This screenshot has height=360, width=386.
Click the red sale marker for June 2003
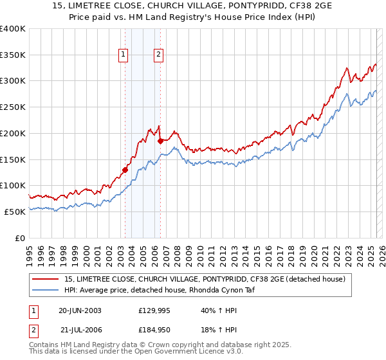point(125,170)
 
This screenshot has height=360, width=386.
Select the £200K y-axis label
point(13,133)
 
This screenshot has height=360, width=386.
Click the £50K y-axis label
point(15,212)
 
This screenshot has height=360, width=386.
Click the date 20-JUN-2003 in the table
point(80,310)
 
